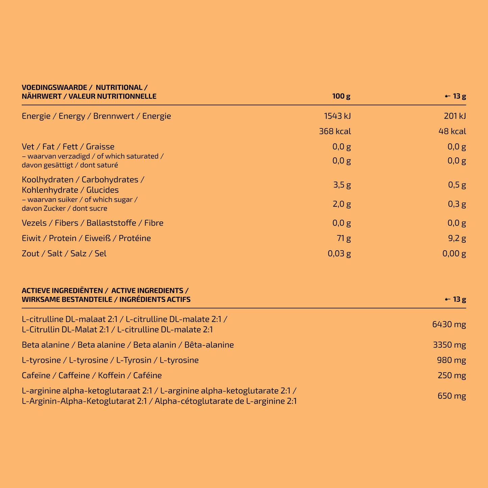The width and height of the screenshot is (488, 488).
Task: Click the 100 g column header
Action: tap(341, 96)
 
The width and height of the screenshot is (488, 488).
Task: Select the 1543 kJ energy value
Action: tap(337, 116)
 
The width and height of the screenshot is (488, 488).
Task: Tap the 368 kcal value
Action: tap(335, 131)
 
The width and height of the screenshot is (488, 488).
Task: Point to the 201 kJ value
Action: tap(455, 116)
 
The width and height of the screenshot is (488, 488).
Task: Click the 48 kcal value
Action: tap(452, 131)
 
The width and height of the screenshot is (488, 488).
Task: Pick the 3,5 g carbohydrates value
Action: tap(342, 185)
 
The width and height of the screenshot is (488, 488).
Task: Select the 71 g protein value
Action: tap(344, 238)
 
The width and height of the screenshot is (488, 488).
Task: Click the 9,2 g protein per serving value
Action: tap(457, 238)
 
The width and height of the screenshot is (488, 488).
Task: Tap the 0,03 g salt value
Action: tap(339, 254)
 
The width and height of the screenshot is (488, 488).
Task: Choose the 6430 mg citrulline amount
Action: tap(449, 325)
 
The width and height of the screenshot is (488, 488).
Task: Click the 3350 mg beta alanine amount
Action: tap(449, 345)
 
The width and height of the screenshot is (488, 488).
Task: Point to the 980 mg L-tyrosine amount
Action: tap(452, 360)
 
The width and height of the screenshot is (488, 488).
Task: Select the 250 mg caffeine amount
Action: tap(452, 376)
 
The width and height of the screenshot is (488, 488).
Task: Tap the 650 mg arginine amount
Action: tap(452, 396)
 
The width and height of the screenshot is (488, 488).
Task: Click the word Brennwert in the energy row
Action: tap(113, 116)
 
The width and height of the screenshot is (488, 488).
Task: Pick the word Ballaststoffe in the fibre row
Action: tap(111, 223)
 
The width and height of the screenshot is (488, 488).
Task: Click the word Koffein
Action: tap(111, 376)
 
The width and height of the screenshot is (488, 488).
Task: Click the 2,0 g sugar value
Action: tap(342, 204)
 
